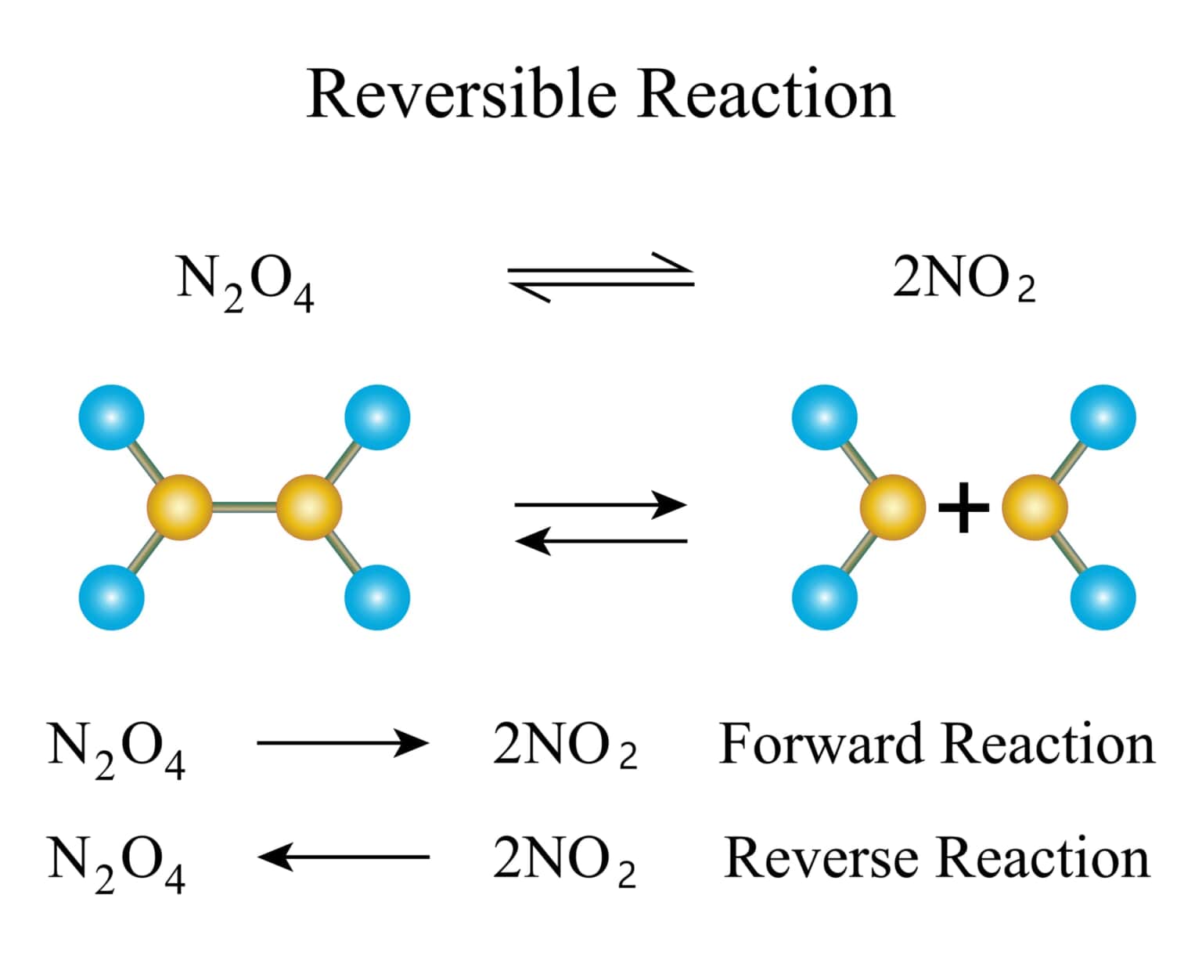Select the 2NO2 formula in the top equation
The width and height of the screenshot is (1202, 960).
[964, 280]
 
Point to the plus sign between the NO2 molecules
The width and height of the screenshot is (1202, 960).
[963, 507]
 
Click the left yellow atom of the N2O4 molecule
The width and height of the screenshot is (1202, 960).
[179, 507]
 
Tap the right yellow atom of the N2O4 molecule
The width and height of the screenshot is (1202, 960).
[309, 507]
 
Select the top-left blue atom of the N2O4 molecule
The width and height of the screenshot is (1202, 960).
[112, 417]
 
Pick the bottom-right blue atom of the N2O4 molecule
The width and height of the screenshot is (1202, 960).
[377, 597]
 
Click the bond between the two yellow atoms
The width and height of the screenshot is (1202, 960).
[244, 507]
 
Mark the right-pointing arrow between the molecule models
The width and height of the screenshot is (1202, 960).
[600, 505]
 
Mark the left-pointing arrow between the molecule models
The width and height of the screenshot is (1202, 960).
[600, 540]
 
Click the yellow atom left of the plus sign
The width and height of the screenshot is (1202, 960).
[892, 507]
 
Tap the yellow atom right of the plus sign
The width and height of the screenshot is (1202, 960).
[1035, 507]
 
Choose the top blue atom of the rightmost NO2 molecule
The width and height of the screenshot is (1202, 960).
[1103, 417]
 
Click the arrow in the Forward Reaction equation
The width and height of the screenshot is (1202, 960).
[343, 742]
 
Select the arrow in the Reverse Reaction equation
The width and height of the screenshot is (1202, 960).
[343, 857]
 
